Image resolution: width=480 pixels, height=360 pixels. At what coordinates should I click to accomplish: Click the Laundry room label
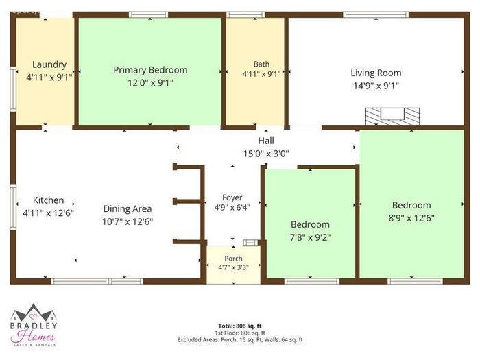(x=49, y=64)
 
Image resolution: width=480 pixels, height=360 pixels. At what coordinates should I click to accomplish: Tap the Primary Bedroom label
(x=150, y=70)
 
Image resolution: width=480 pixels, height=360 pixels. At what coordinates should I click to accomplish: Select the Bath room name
(x=261, y=64)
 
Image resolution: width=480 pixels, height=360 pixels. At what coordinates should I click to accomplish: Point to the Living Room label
(x=376, y=73)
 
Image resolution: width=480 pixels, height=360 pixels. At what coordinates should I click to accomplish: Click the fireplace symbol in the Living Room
(x=392, y=117)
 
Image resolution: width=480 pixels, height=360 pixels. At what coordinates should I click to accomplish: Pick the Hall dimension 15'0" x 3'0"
(x=266, y=154)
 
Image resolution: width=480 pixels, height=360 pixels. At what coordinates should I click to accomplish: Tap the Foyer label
(x=232, y=197)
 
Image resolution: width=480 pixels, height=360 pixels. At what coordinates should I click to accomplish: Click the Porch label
(x=233, y=259)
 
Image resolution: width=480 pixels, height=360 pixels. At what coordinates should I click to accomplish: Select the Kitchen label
(x=49, y=200)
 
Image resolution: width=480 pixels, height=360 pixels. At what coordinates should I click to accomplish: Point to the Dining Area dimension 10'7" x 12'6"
(x=128, y=221)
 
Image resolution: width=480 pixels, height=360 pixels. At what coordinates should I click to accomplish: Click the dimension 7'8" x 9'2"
(x=310, y=237)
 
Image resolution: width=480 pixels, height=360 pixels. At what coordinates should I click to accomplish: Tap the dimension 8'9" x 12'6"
(x=411, y=218)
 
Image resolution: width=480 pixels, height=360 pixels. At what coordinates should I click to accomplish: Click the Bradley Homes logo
(x=34, y=325)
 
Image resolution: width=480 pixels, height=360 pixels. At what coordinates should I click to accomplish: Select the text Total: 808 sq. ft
(x=240, y=326)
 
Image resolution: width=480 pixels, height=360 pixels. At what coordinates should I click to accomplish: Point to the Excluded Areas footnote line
(x=240, y=339)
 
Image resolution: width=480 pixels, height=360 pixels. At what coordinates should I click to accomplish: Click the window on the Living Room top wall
(x=376, y=14)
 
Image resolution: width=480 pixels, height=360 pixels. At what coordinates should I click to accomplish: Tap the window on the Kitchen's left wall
(x=13, y=207)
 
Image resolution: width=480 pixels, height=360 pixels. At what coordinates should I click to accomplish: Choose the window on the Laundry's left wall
(x=13, y=88)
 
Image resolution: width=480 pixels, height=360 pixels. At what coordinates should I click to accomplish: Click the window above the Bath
(x=245, y=14)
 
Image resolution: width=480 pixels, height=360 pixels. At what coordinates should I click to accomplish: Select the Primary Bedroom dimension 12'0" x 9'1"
(x=150, y=83)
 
